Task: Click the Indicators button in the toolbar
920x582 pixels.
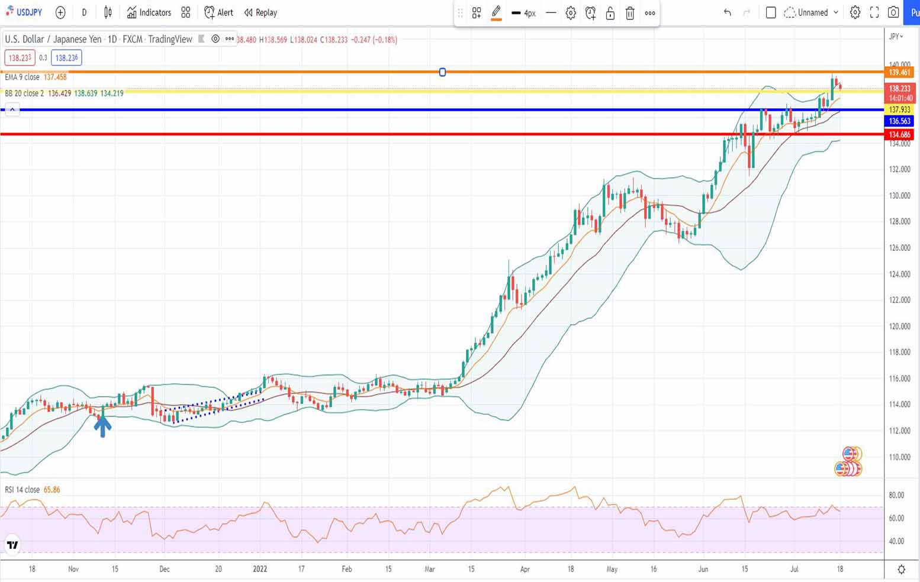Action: (x=149, y=12)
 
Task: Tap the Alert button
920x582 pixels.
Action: (x=218, y=12)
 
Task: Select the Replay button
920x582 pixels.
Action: (x=260, y=12)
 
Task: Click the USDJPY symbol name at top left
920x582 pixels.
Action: (x=29, y=12)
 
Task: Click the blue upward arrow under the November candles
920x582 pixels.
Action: (x=102, y=425)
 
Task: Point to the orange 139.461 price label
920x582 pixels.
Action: (x=899, y=72)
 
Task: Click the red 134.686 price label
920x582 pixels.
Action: (x=899, y=135)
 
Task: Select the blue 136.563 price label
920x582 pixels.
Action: (x=899, y=121)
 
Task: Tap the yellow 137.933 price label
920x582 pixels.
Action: (x=899, y=110)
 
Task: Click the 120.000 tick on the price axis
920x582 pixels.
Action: (x=899, y=326)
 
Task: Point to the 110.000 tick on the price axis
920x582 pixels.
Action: (x=899, y=457)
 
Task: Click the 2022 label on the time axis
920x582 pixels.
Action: (x=260, y=569)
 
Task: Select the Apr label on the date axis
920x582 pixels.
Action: (x=525, y=569)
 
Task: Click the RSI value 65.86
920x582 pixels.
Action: (x=52, y=490)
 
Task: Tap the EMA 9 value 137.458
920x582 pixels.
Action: (x=55, y=77)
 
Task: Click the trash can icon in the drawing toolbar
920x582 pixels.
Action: (x=630, y=13)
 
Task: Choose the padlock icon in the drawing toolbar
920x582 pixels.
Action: (x=610, y=13)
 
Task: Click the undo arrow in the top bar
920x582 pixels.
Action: (x=727, y=12)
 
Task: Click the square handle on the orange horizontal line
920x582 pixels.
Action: (x=442, y=72)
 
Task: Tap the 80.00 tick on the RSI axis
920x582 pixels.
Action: (x=896, y=496)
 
